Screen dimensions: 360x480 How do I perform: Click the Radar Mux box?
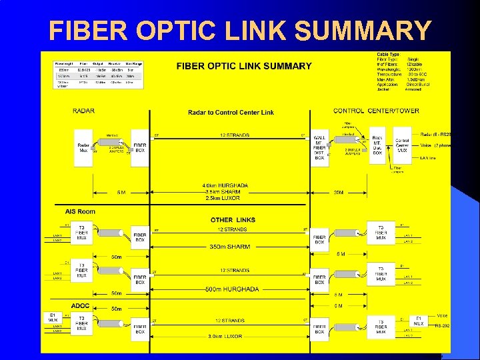83,147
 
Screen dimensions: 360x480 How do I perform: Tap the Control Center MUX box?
402,145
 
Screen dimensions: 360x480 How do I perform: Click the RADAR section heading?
83,111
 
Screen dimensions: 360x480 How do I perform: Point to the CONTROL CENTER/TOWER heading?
377,111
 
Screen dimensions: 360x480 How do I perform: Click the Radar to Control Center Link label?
231,113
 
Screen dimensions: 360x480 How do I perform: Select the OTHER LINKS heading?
233,220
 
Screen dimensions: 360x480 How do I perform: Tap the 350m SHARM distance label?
231,247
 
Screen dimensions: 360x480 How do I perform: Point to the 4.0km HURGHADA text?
225,185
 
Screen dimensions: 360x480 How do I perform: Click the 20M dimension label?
339,192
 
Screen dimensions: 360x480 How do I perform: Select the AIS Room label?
80,211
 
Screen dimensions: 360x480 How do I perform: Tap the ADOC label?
80,306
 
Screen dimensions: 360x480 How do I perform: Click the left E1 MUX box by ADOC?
53,319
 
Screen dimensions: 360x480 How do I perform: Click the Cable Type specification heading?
388,55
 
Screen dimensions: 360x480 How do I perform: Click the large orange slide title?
240,30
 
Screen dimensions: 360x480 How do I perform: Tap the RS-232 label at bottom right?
443,326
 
